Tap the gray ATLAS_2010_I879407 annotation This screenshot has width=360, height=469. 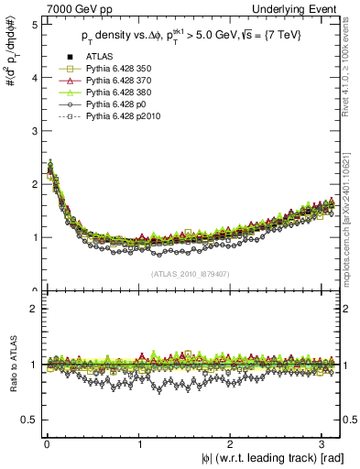click(x=190, y=273)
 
